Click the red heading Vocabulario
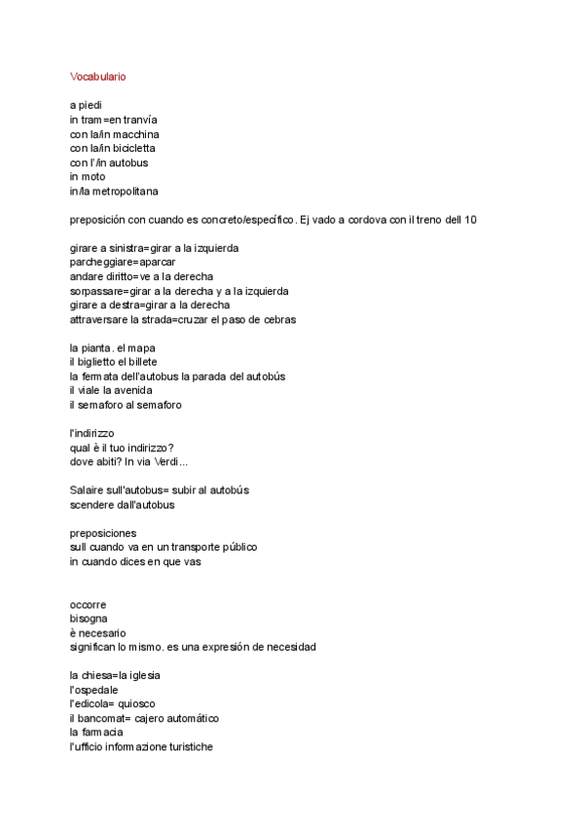point(97,76)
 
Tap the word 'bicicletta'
point(130,148)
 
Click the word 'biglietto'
point(99,362)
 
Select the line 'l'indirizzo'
point(94,433)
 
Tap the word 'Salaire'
point(89,490)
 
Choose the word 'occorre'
point(89,605)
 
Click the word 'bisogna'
point(89,619)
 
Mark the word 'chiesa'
point(100,675)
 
